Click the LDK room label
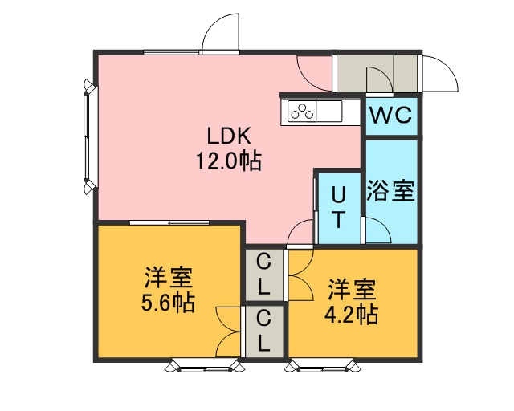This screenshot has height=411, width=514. tap(229, 136)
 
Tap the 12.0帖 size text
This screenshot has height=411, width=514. tap(229, 161)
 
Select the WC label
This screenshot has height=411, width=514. tap(391, 115)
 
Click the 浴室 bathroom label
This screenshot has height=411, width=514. tap(391, 190)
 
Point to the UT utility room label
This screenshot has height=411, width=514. tap(339, 208)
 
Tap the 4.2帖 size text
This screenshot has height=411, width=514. tap(352, 315)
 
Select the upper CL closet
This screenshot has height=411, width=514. tap(264, 275)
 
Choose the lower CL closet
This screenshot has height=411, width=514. tap(264, 332)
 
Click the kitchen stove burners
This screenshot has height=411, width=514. tap(302, 111)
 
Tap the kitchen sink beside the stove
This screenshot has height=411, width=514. tap(329, 111)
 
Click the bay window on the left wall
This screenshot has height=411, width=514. tap(88, 136)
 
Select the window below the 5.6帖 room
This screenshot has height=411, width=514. tap(205, 366)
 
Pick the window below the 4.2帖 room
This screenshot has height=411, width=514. tap(323, 366)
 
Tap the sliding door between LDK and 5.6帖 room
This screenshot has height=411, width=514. tap(169, 222)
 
